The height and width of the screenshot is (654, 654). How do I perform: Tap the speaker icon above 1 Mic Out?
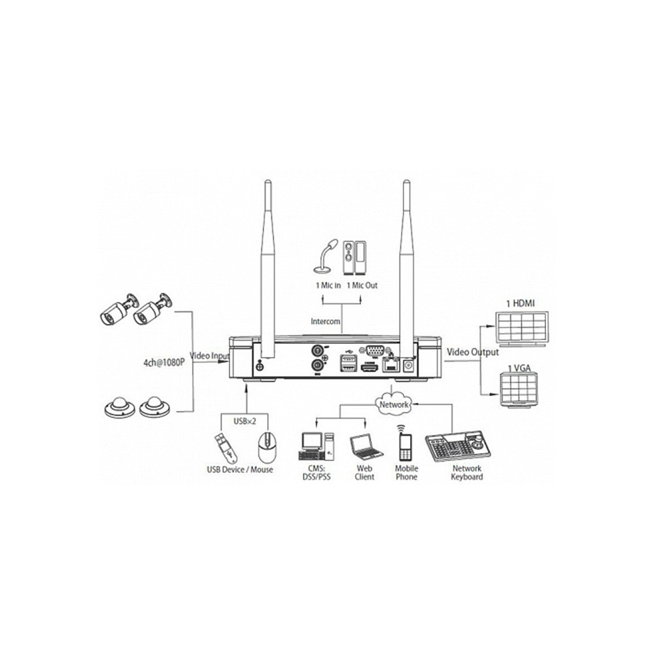[x=354, y=258]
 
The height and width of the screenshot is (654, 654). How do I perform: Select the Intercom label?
[x=325, y=322]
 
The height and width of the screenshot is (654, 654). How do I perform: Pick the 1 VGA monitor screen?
[x=519, y=390]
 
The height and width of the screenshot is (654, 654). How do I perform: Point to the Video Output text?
[x=473, y=352]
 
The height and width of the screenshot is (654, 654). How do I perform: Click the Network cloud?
[x=393, y=404]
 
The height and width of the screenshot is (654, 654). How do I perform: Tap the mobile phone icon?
[x=405, y=443]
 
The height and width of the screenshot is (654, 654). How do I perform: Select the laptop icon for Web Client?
[x=366, y=447]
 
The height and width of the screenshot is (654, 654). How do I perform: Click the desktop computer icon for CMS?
[x=317, y=446]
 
